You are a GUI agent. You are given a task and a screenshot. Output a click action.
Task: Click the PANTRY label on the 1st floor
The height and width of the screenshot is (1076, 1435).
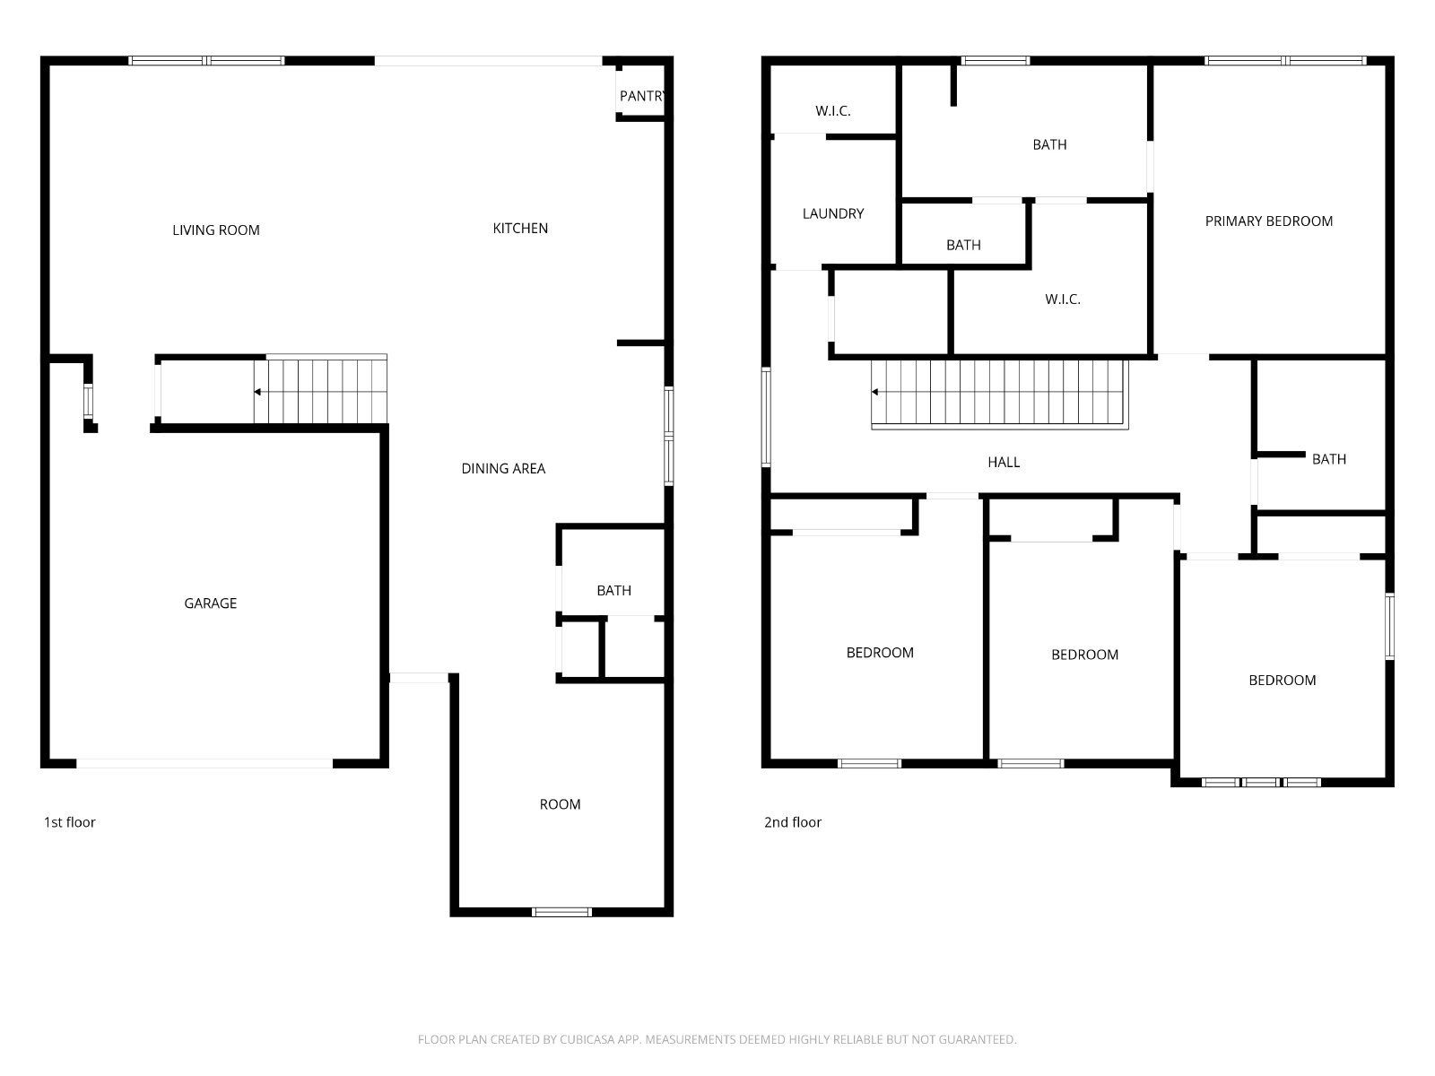click(642, 96)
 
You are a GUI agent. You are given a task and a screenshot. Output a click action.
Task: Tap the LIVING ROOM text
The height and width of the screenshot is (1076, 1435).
click(216, 230)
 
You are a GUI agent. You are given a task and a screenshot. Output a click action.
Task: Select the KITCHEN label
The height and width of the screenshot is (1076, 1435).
click(520, 229)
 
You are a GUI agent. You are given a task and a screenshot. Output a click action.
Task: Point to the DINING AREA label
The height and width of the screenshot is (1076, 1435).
click(503, 469)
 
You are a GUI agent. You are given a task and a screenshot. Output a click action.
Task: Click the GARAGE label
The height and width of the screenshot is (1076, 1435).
click(211, 603)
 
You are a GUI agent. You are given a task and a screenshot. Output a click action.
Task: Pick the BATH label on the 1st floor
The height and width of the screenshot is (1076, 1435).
click(614, 591)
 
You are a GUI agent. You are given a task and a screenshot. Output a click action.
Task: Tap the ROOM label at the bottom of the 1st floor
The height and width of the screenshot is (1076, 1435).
click(560, 805)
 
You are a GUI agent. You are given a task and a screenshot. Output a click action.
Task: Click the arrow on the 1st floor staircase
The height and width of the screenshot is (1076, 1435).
click(258, 392)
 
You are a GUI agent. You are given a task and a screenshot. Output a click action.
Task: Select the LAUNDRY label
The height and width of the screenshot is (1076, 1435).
click(833, 214)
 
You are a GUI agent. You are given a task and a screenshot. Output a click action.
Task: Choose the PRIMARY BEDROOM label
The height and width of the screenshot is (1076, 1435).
click(1269, 221)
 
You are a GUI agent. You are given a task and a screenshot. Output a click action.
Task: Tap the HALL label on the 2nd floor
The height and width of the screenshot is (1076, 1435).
click(1004, 463)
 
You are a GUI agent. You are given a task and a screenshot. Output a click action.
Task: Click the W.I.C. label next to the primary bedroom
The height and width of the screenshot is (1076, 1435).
click(1063, 299)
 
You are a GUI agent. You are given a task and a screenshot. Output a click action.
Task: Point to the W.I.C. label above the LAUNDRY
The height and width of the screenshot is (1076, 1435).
click(833, 111)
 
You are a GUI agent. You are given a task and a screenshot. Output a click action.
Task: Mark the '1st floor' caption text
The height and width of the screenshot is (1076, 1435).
click(70, 822)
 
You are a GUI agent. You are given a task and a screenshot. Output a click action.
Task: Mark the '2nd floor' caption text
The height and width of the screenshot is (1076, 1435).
click(793, 822)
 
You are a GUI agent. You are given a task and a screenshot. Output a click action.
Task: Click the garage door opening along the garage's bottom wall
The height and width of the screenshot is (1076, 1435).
click(204, 764)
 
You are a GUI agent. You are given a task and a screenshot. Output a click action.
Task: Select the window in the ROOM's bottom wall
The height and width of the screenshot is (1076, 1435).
click(561, 912)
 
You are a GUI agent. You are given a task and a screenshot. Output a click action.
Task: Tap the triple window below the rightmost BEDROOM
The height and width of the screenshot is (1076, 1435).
click(1261, 782)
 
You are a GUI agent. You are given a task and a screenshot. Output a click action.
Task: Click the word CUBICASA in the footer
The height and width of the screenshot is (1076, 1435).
click(588, 1040)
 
